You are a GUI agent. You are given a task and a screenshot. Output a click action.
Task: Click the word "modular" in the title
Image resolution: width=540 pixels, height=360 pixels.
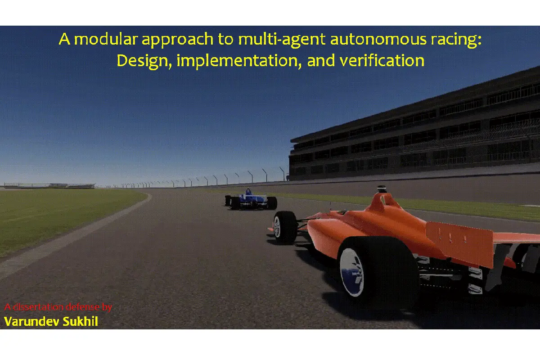coord(106,39)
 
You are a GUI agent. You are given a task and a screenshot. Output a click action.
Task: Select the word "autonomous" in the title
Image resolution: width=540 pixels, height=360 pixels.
coord(378,40)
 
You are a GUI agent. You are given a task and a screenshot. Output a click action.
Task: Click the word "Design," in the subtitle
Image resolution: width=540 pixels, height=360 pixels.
coord(144,61)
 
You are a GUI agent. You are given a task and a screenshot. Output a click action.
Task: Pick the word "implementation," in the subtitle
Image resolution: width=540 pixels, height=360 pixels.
coord(239,61)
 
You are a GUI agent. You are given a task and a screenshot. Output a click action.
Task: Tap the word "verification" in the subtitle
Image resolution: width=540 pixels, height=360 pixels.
coord(382,60)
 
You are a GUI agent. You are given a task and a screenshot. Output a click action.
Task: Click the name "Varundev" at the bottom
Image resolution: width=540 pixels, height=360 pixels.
coord(31,321)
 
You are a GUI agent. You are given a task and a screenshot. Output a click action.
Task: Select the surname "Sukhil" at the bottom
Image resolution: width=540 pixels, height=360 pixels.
coord(80,321)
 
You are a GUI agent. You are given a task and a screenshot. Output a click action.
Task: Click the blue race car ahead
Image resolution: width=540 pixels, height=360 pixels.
coord(251,200)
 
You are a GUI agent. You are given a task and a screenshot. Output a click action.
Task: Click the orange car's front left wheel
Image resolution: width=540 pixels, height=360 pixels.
coord(285,227)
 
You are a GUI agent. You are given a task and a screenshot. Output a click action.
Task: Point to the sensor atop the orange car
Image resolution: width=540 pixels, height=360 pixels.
coord(382,189)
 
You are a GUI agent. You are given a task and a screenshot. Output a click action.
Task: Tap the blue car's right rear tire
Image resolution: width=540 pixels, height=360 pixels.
coord(272,203)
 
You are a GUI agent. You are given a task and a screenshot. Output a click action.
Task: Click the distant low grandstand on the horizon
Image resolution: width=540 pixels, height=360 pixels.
coord(49,185)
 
